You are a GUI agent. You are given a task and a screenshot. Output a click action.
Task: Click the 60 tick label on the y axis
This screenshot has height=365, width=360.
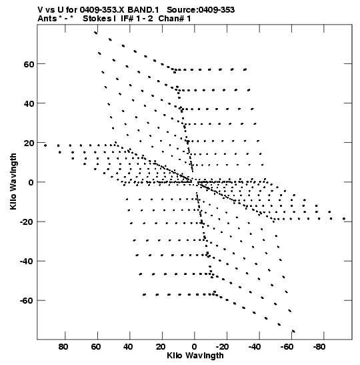[29, 64]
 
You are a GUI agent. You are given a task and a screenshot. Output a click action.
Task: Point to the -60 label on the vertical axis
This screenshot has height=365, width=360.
[27, 301]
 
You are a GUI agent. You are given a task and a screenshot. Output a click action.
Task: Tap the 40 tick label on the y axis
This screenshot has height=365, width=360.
[29, 103]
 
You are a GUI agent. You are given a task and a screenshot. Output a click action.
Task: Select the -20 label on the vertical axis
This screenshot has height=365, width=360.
[27, 222]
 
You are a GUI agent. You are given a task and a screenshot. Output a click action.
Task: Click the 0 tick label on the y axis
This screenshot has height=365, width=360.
[31, 183]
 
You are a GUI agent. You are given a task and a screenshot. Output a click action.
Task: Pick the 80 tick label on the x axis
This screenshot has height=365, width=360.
[63, 347]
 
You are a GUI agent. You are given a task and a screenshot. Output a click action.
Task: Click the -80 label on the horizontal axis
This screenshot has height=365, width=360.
[319, 347]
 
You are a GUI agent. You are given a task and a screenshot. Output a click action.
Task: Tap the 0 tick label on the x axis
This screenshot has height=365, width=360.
[195, 347]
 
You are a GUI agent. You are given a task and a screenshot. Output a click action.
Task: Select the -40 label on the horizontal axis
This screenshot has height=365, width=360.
[255, 347]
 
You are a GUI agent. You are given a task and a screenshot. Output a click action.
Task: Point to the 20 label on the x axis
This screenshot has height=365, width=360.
[161, 347]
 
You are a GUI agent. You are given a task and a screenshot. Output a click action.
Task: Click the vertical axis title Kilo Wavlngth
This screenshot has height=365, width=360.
[13, 181]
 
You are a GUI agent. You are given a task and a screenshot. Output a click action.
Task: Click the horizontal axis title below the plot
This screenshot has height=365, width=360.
[195, 356]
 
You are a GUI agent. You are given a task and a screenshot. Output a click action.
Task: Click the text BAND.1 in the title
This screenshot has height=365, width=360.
[143, 10]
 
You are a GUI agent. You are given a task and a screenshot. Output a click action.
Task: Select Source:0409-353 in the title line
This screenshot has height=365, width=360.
[201, 10]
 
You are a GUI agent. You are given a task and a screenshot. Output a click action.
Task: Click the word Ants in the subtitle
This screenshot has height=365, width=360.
[47, 19]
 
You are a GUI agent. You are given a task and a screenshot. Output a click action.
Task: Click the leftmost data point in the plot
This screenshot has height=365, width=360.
[45, 145]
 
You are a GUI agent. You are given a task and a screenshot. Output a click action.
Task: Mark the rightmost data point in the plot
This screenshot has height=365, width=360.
[344, 219]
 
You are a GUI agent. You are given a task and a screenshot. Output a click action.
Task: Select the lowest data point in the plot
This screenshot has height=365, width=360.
[293, 331]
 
